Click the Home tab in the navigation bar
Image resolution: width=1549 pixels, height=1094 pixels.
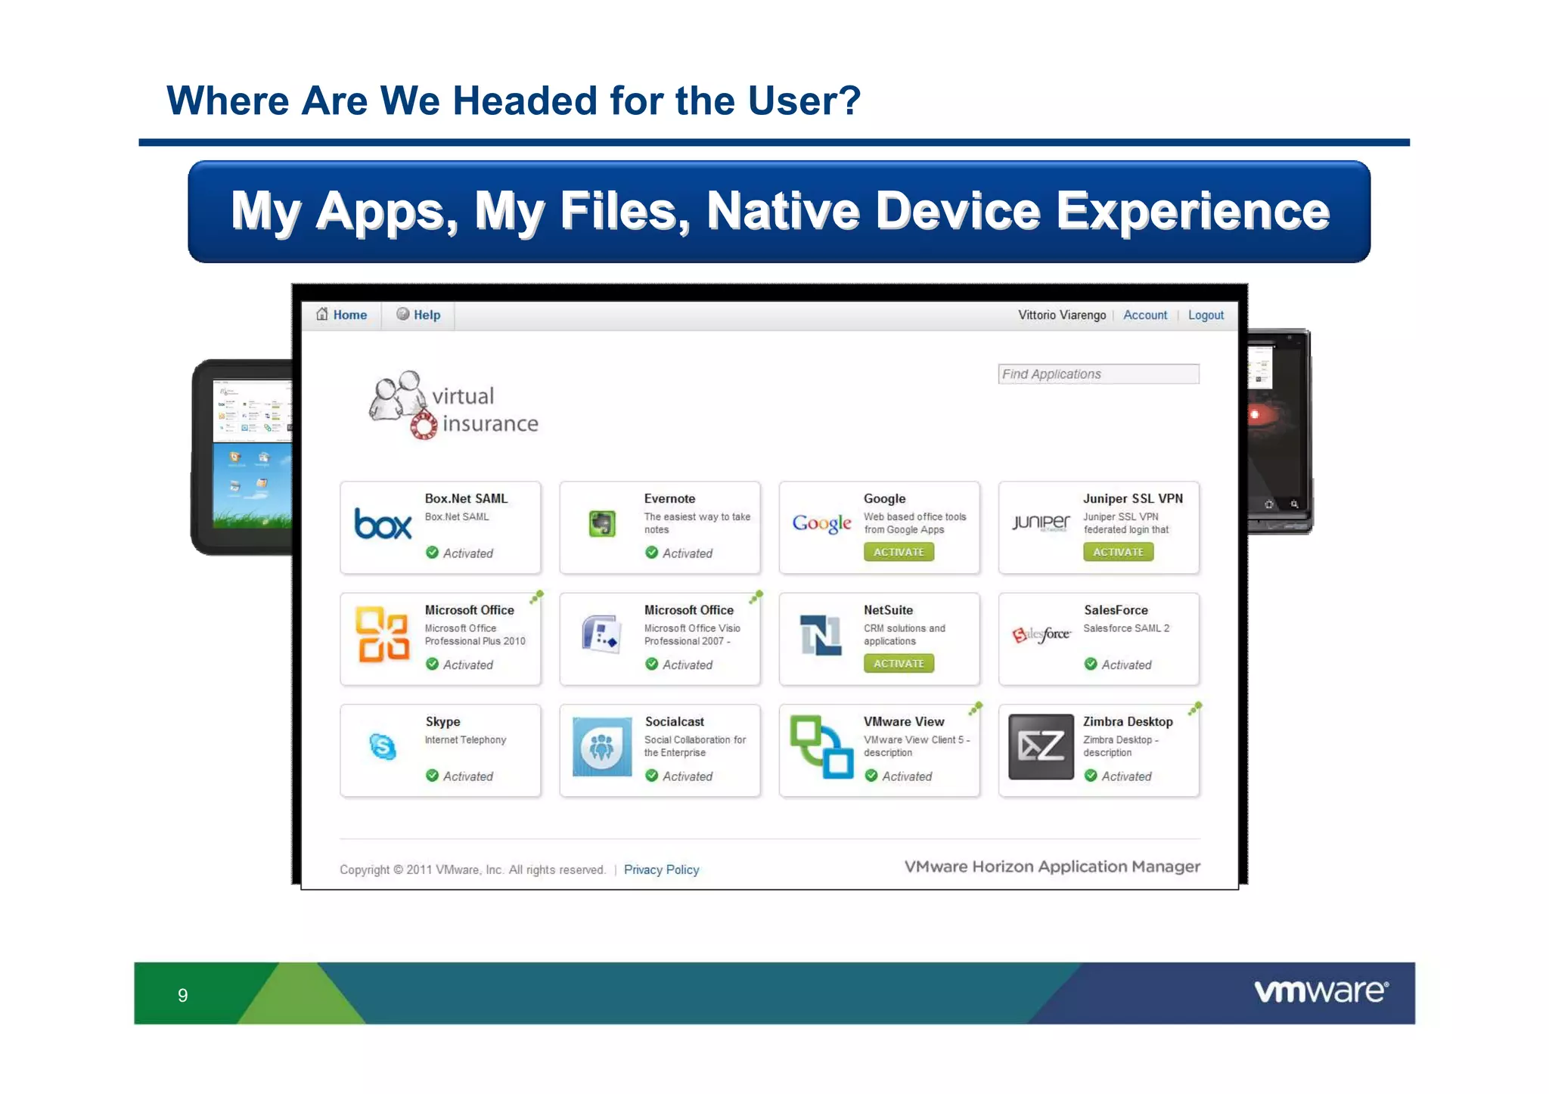pyautogui.click(x=343, y=315)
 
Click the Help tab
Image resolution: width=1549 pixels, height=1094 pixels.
pyautogui.click(x=419, y=315)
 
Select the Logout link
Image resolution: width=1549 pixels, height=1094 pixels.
pyautogui.click(x=1205, y=315)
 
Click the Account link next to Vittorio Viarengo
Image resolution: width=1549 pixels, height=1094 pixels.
pyautogui.click(x=1144, y=315)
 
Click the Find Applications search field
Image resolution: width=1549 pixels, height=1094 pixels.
pyautogui.click(x=1097, y=373)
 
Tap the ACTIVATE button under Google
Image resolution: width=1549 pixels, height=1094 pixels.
pyautogui.click(x=899, y=552)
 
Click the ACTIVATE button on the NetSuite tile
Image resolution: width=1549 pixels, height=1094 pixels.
pyautogui.click(x=899, y=663)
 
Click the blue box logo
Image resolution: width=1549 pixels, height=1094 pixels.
pyautogui.click(x=383, y=523)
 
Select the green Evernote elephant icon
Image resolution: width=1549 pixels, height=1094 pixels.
pyautogui.click(x=602, y=523)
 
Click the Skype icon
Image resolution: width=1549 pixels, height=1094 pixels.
pyautogui.click(x=383, y=747)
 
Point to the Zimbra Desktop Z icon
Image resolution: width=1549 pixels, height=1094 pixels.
pyautogui.click(x=1041, y=747)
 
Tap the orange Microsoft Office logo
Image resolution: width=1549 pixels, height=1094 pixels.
pyautogui.click(x=383, y=635)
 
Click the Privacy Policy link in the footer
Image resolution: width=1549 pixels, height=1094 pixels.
pyautogui.click(x=661, y=869)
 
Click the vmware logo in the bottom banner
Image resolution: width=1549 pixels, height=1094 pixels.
pyautogui.click(x=1321, y=991)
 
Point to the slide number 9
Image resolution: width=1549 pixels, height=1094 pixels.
pyautogui.click(x=182, y=995)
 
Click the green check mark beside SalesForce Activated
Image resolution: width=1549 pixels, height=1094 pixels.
pyautogui.click(x=1090, y=664)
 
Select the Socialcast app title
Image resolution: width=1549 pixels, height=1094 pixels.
pyautogui.click(x=674, y=721)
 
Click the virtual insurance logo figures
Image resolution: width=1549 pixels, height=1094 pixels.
pyautogui.click(x=398, y=396)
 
